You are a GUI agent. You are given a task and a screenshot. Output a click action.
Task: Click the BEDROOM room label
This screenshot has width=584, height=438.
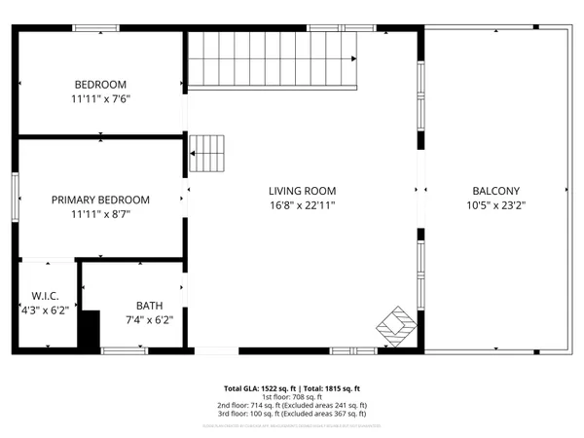tap(100, 85)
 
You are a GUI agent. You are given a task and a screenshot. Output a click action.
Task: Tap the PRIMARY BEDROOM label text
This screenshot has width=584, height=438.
tap(100, 200)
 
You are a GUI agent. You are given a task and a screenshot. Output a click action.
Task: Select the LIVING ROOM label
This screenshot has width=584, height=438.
tap(303, 191)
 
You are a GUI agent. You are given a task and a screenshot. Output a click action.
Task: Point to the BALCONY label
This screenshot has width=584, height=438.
tap(496, 191)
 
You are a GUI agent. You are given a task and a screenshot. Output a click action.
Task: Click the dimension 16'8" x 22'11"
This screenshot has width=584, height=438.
tap(303, 205)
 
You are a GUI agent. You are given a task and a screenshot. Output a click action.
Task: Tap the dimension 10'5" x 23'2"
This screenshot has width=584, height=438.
tap(496, 205)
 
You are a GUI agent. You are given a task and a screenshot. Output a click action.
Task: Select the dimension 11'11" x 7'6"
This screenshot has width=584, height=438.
tap(100, 99)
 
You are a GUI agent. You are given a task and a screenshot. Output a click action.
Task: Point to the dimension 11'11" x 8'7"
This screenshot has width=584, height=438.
tap(100, 214)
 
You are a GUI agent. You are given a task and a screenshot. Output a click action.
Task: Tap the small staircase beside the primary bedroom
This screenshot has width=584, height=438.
tap(207, 151)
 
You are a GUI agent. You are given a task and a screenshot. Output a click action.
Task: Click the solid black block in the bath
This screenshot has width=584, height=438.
tap(90, 330)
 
